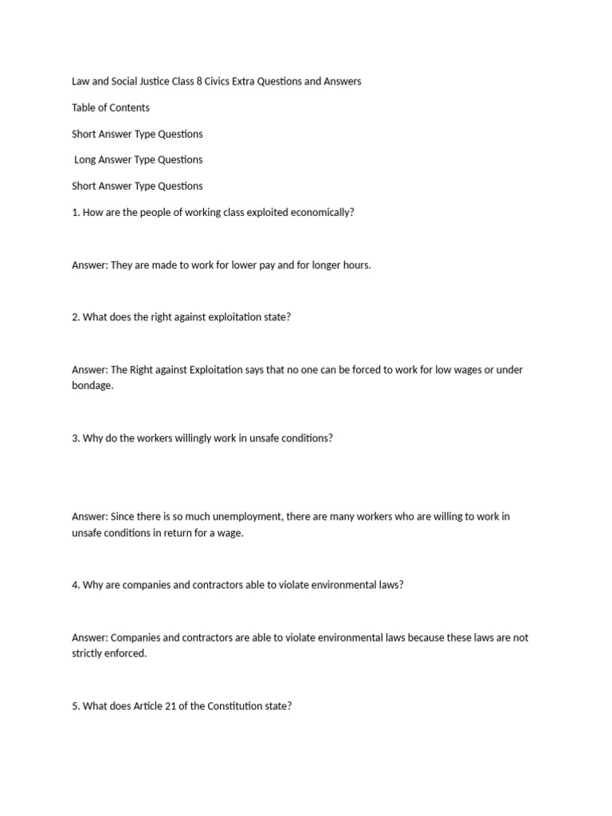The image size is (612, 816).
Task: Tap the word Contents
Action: coord(129,108)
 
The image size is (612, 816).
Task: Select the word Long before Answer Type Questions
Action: coord(86,159)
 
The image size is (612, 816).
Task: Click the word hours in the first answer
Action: coord(355,265)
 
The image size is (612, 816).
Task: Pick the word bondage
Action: coord(92,386)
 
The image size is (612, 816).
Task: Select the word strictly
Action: coord(88,653)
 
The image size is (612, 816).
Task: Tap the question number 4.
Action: coord(76,585)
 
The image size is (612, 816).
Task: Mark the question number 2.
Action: coord(76,317)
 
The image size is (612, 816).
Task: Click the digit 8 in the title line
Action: coord(198,81)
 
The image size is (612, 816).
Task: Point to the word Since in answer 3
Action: coord(124,516)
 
